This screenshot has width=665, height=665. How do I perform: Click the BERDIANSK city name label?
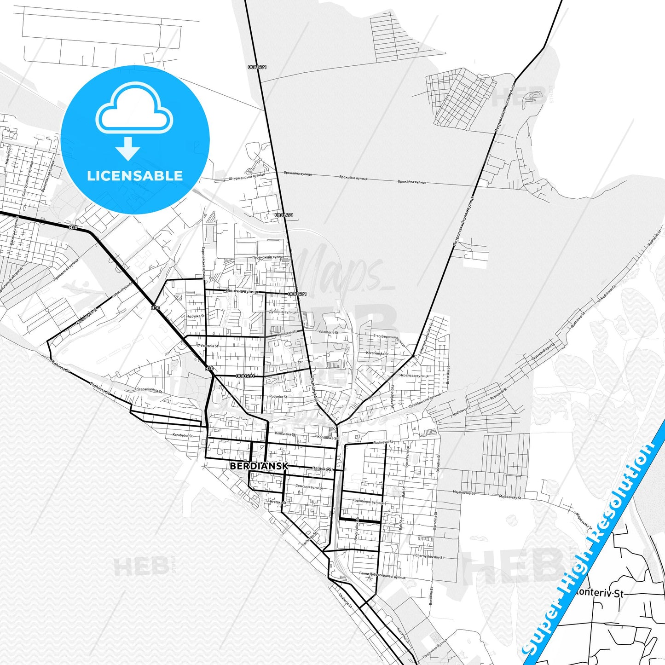point(259,466)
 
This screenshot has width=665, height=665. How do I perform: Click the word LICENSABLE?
point(135,176)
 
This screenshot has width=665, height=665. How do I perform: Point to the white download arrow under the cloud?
point(128,148)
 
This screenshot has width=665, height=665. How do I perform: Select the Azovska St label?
point(196,317)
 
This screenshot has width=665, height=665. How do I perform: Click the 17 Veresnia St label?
point(208,346)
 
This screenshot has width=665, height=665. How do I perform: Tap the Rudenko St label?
point(278,396)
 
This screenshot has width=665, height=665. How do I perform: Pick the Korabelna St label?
point(182,435)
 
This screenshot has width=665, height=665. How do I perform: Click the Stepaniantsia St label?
point(150,389)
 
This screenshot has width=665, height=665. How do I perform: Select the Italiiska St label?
point(323,468)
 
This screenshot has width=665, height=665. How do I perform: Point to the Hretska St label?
point(278,502)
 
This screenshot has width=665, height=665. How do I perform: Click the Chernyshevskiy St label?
point(429,556)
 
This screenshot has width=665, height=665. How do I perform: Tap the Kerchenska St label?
point(377,353)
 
